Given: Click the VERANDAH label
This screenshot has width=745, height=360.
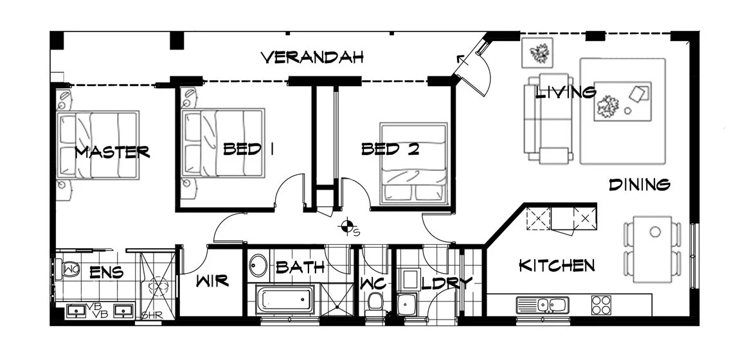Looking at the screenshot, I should click(x=312, y=57).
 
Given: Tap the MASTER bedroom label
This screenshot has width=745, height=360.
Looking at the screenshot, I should click(x=112, y=152).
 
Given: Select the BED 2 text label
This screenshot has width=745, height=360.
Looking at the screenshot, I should click(x=390, y=150).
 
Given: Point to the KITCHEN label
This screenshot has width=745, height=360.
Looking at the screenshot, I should click(x=557, y=265).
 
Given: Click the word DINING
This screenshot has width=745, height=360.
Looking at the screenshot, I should click(x=640, y=185).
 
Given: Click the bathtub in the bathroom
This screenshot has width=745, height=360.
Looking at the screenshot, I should click(x=285, y=300).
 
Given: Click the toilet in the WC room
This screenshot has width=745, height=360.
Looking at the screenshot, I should click(x=375, y=302).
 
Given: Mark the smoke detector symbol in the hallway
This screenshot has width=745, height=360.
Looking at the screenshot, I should click(x=348, y=226).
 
